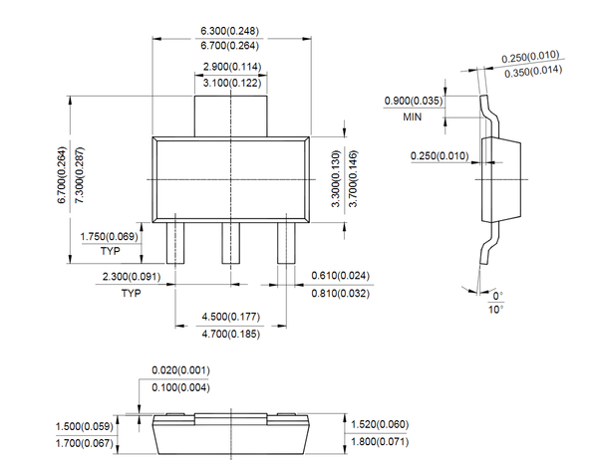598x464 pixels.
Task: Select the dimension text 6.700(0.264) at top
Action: coord(231,47)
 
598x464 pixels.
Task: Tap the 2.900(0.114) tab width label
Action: coord(231,67)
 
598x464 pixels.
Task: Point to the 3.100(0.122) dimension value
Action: coord(231,83)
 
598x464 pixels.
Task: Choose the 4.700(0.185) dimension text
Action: coord(231,334)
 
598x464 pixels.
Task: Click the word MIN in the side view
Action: coord(414,116)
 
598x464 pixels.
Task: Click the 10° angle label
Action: coord(496,310)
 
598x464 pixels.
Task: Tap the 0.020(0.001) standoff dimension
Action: coord(180,369)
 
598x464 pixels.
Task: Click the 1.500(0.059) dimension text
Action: coord(84,425)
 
